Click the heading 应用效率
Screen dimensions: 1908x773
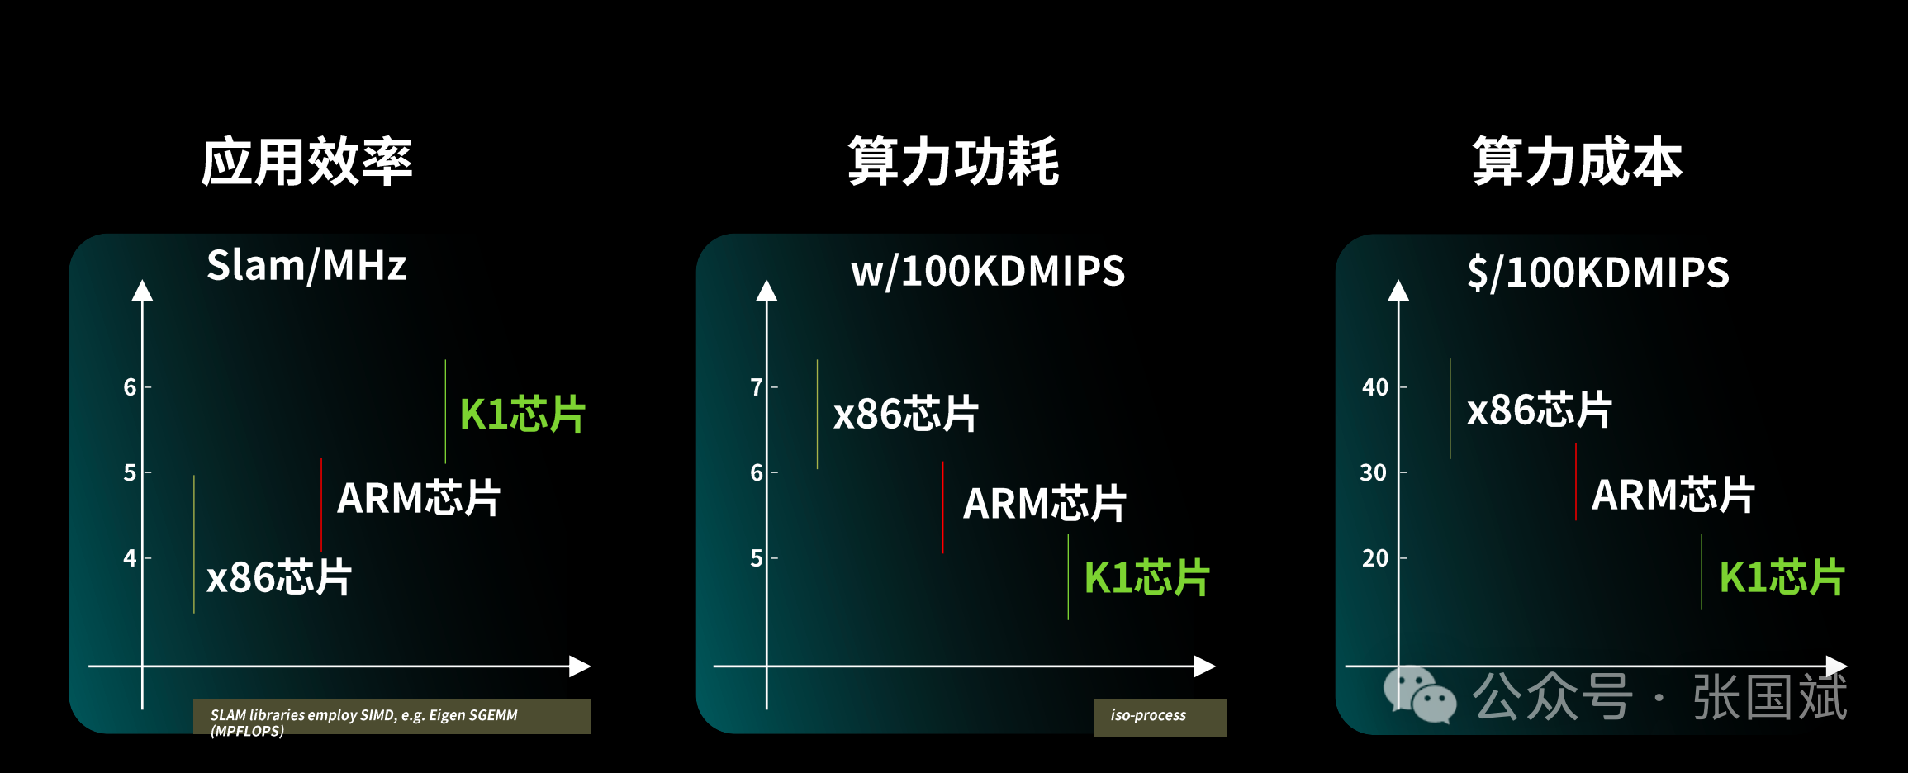[306, 162]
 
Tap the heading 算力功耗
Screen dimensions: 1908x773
[953, 162]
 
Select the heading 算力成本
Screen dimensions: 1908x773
[1577, 162]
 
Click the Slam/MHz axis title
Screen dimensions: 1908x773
[306, 266]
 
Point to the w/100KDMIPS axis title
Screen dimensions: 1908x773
[988, 272]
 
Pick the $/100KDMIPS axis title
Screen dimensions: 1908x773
[1598, 273]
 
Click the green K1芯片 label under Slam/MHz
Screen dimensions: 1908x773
[522, 414]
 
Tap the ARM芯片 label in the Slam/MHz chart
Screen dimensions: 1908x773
[419, 498]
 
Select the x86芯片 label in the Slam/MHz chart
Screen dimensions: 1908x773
[279, 576]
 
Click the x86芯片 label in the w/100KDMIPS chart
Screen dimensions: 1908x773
[906, 413]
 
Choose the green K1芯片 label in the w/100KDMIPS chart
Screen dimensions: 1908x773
[1146, 577]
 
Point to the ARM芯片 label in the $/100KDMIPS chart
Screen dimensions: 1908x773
[1673, 495]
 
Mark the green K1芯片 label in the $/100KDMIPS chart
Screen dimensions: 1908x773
[1782, 576]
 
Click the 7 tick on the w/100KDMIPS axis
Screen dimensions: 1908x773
[756, 386]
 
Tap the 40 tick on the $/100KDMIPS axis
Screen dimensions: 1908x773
[1375, 386]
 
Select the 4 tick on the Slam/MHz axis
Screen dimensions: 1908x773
[130, 558]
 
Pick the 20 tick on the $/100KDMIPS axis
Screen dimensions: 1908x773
[1375, 558]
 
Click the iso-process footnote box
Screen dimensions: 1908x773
[1160, 717]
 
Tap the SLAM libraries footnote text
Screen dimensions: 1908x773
[363, 723]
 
